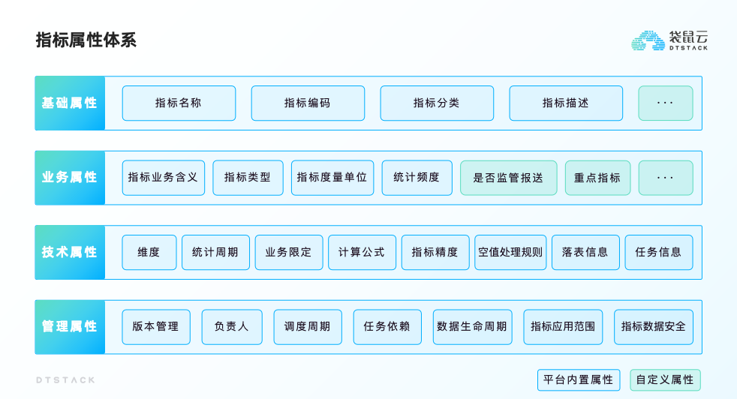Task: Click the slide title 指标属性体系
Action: click(86, 40)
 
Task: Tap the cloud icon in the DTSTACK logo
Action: click(648, 40)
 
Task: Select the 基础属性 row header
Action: click(70, 103)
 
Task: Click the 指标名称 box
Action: click(179, 103)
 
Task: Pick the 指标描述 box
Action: click(566, 103)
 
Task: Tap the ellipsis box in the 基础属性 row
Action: click(666, 103)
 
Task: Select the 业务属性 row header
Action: click(70, 178)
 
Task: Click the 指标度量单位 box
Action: click(332, 178)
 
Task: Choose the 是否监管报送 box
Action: click(509, 178)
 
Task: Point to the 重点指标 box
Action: click(597, 178)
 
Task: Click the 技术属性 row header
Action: click(70, 252)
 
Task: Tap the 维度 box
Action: click(149, 252)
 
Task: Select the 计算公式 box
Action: click(362, 252)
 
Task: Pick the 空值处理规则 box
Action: click(510, 252)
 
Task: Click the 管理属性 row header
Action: click(70, 327)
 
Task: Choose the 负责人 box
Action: click(232, 327)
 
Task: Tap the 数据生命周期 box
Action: click(472, 327)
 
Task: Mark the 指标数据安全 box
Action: click(654, 327)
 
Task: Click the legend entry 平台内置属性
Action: click(578, 379)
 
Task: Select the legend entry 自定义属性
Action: click(665, 379)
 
